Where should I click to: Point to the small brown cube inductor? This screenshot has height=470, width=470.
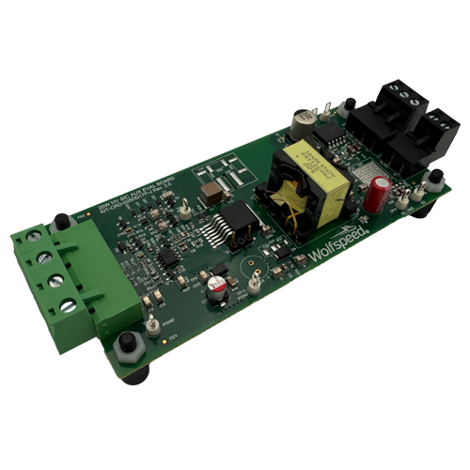pyautogui.click(x=213, y=193)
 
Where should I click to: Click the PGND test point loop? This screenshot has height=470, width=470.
pyautogui.click(x=150, y=324)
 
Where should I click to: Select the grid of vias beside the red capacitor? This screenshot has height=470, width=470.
pyautogui.click(x=362, y=178)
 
